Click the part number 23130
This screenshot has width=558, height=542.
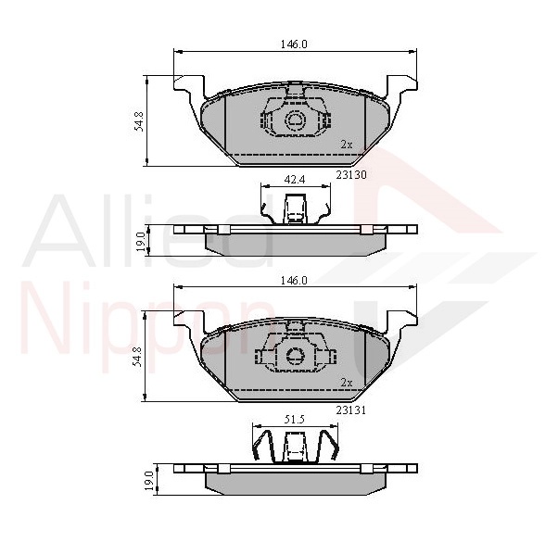click(351, 175)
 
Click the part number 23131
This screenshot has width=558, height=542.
click(351, 410)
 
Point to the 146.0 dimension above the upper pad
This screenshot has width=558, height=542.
click(294, 44)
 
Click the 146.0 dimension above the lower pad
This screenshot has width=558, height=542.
click(294, 281)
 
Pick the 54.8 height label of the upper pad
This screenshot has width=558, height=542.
click(139, 121)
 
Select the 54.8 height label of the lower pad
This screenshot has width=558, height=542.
click(139, 357)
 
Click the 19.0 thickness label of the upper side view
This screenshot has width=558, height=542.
click(141, 242)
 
